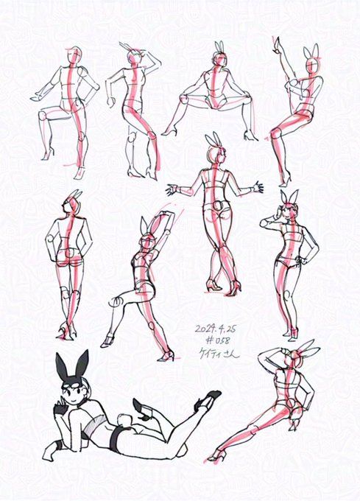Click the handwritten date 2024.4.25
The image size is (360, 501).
coord(216,329)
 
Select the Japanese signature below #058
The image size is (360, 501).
coord(219,354)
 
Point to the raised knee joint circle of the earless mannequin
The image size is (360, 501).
coord(43,116)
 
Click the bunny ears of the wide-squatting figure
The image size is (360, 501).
coord(219,46)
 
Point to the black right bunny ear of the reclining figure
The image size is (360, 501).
coord(82,363)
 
